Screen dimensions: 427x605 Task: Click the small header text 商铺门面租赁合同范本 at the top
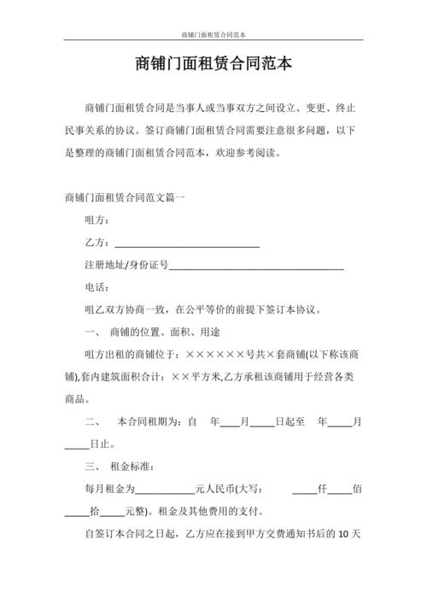[213, 35]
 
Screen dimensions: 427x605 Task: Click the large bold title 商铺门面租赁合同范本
[213, 65]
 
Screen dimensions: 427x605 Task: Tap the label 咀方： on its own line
[97, 220]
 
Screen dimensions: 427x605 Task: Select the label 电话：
[97, 288]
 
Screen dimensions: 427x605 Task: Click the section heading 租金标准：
[132, 467]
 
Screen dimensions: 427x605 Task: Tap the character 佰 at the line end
[358, 490]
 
